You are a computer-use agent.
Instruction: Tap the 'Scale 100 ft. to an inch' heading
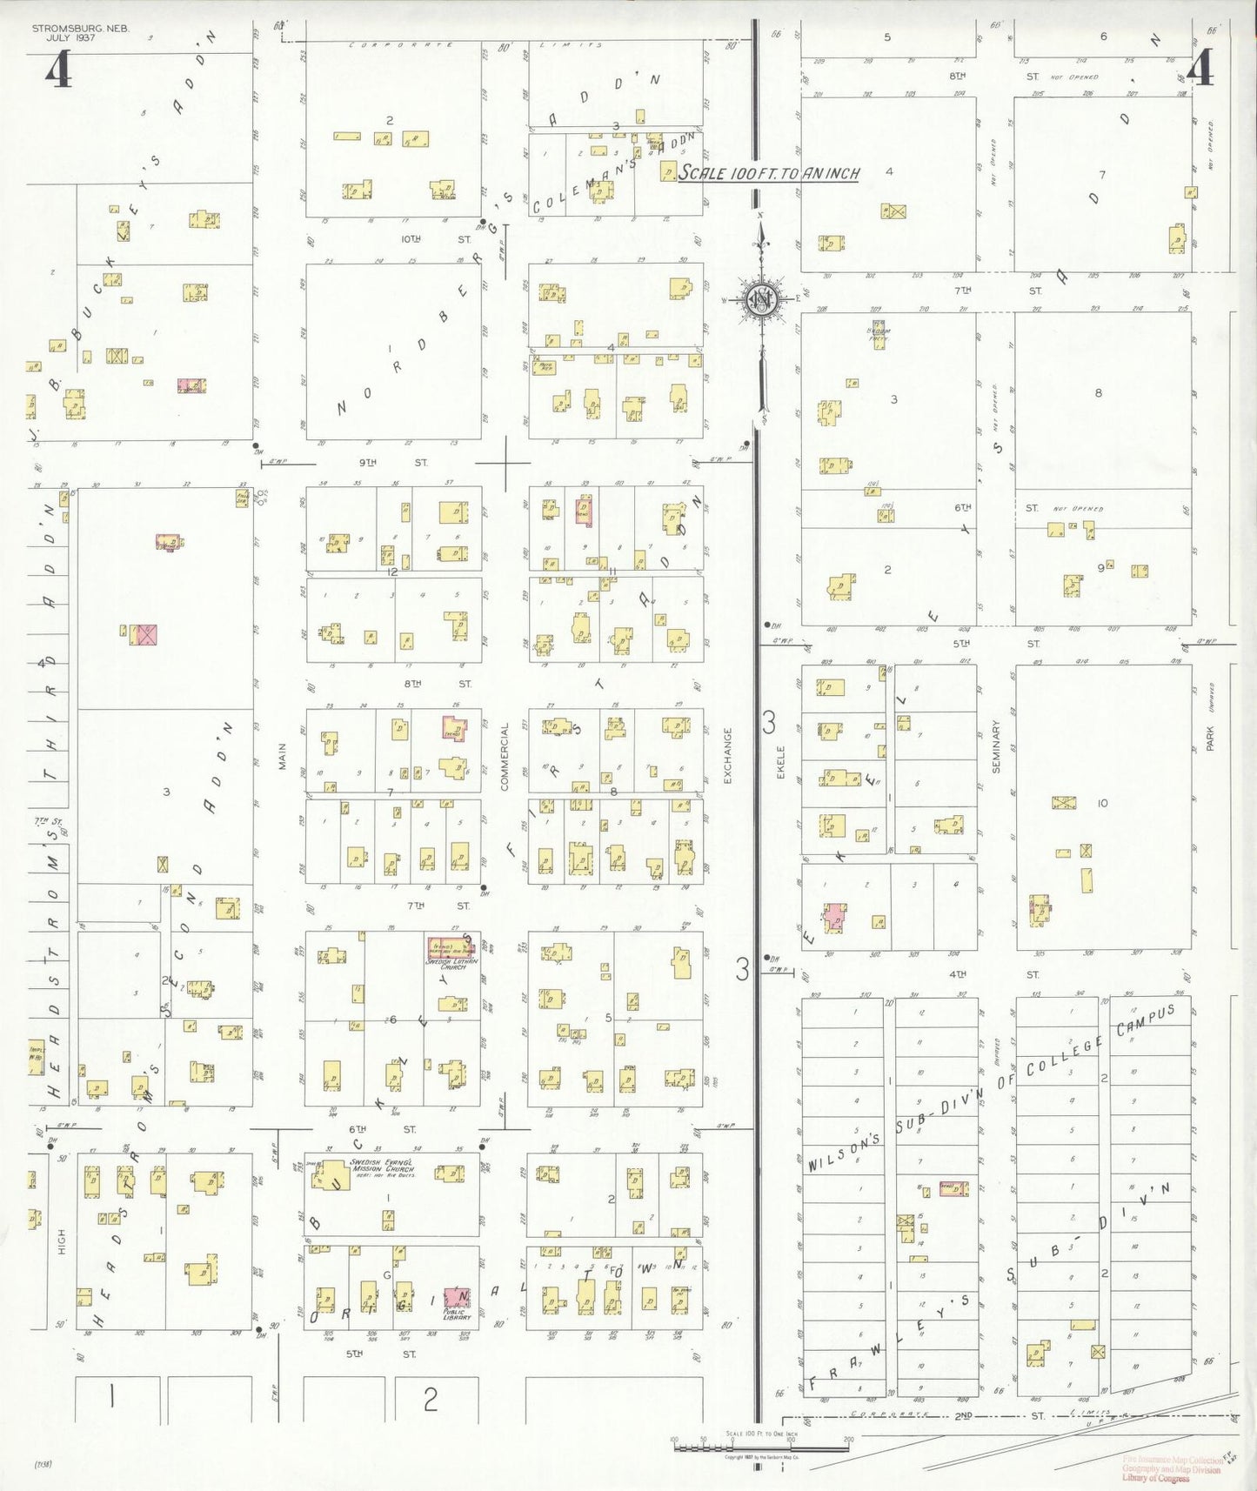[x=768, y=172]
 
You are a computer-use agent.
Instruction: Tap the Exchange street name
[x=728, y=755]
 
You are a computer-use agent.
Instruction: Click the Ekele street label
[x=780, y=761]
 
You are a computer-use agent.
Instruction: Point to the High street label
[x=62, y=1241]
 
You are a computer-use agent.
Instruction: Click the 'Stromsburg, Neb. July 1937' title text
[x=80, y=32]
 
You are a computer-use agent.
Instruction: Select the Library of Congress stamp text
[x=1155, y=1478]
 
